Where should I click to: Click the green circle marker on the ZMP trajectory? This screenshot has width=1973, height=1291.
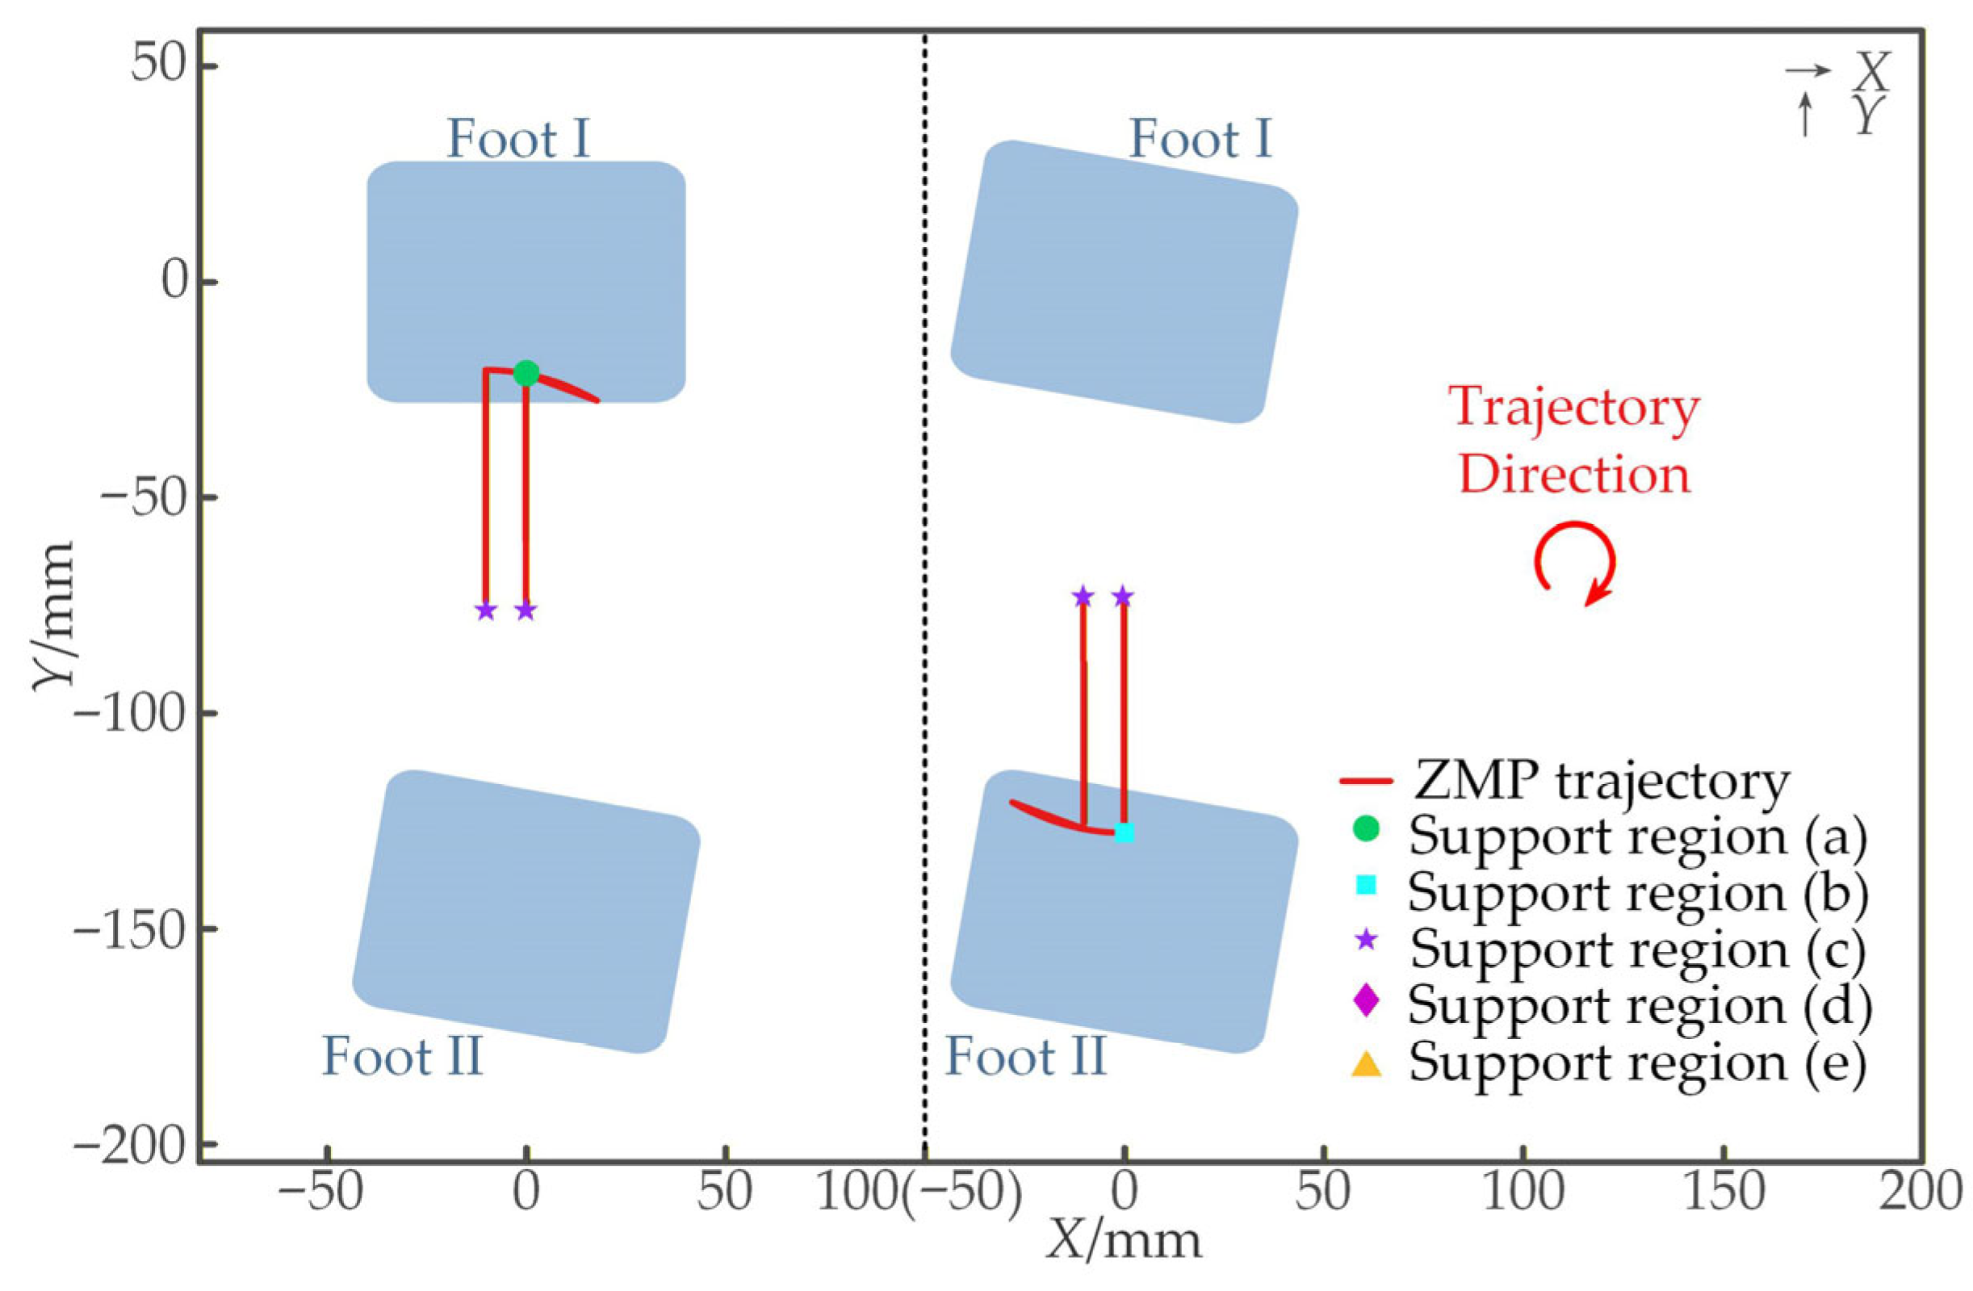[526, 373]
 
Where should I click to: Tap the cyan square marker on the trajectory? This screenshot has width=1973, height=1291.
[1124, 832]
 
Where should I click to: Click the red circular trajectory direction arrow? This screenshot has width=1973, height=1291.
[1573, 563]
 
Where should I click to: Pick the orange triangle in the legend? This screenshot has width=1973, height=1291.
[1365, 1064]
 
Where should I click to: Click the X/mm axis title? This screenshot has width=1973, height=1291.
[1123, 1241]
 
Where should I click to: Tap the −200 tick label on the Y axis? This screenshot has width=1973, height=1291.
[128, 1145]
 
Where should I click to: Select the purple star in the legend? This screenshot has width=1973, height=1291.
[1365, 941]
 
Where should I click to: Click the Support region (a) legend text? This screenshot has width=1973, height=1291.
[1638, 835]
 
